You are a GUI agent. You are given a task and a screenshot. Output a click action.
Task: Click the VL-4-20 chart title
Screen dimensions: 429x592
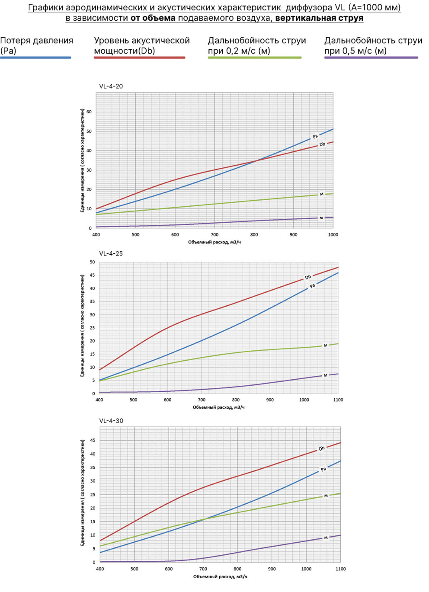pyautogui.click(x=111, y=86)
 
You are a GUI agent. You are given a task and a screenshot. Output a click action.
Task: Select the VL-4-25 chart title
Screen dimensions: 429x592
pyautogui.click(x=111, y=253)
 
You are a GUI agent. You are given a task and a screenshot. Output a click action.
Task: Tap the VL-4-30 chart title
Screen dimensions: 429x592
pyautogui.click(x=111, y=421)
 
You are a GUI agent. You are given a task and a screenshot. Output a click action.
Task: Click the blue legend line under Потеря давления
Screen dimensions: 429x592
pyautogui.click(x=36, y=58)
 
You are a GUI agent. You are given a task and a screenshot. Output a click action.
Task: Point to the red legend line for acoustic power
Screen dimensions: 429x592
pyautogui.click(x=140, y=58)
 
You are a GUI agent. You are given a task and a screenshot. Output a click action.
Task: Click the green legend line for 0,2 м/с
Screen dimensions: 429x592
pyautogui.click(x=255, y=58)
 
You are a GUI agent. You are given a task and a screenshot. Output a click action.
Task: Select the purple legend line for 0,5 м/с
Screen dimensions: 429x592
pyautogui.click(x=371, y=58)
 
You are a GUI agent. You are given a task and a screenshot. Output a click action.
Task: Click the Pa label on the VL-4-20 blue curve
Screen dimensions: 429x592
pyautogui.click(x=315, y=137)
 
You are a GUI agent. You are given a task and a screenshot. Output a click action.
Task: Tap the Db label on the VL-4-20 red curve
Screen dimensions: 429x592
pyautogui.click(x=322, y=144)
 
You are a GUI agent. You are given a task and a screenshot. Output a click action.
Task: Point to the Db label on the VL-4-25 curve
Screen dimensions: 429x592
pyautogui.click(x=308, y=277)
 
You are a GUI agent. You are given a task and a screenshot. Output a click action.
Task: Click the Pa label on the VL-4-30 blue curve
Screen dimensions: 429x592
pyautogui.click(x=323, y=469)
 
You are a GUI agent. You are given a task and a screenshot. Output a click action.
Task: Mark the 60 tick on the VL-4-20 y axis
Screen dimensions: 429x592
pyautogui.click(x=89, y=112)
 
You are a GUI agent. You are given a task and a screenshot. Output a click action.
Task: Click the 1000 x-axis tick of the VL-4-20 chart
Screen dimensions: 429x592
pyautogui.click(x=333, y=235)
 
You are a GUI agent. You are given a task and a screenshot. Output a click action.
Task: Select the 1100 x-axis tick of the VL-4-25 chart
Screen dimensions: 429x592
pyautogui.click(x=338, y=400)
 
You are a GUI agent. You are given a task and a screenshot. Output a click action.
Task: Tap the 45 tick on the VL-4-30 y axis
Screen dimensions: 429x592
pyautogui.click(x=93, y=440)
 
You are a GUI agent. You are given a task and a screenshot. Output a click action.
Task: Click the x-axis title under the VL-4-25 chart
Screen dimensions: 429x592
pyautogui.click(x=218, y=407)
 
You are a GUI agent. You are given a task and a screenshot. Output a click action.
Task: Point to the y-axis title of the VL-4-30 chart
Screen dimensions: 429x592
pyautogui.click(x=83, y=494)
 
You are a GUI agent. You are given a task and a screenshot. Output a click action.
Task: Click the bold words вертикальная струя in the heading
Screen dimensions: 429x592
pyautogui.click(x=319, y=18)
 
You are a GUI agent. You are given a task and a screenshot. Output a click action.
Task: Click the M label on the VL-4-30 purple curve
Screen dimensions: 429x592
pyautogui.click(x=326, y=538)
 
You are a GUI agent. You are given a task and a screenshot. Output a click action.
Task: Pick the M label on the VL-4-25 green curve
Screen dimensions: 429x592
pyautogui.click(x=325, y=346)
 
